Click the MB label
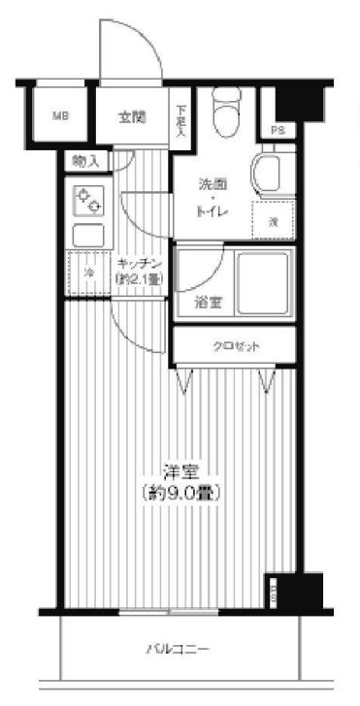point(60,117)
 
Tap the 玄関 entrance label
point(133,117)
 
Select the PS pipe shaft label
point(278,130)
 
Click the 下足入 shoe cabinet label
point(181,119)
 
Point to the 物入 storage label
point(86,162)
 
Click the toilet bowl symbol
point(226,114)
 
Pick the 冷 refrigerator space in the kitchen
point(87,273)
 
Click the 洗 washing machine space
point(274,222)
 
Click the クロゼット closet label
point(233,344)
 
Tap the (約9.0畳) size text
point(180,493)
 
